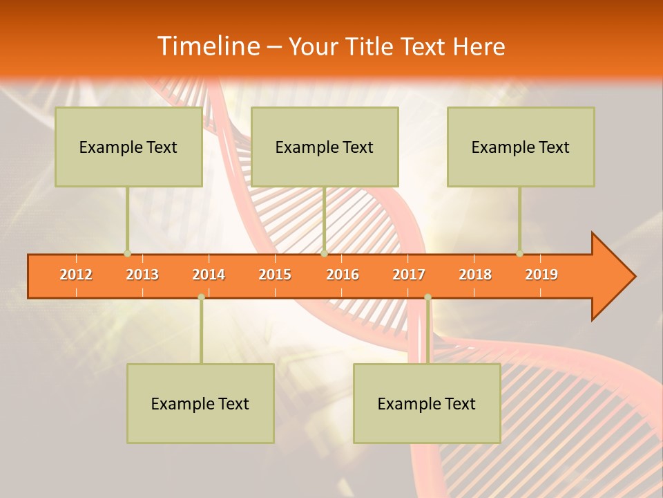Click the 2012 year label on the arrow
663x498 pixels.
click(x=76, y=275)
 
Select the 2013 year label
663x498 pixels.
click(x=142, y=275)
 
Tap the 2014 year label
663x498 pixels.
click(x=209, y=275)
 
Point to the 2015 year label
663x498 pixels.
click(x=275, y=275)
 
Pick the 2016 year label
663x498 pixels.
click(x=343, y=275)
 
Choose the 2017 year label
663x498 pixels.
click(x=409, y=275)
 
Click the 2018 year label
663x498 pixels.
click(x=475, y=275)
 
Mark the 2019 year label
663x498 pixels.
click(x=541, y=275)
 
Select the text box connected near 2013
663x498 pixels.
click(x=128, y=147)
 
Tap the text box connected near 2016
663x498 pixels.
click(x=325, y=147)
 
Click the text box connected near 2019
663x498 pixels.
click(x=521, y=147)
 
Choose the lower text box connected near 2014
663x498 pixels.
click(x=200, y=403)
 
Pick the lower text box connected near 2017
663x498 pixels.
click(x=427, y=403)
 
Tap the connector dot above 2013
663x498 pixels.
click(x=127, y=253)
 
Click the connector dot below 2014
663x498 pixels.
click(x=201, y=297)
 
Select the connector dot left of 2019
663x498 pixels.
click(x=519, y=253)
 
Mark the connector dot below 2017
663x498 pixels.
click(x=427, y=297)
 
